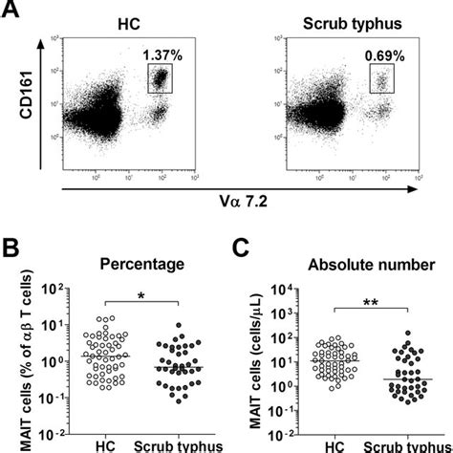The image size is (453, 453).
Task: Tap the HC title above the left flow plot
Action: [x=125, y=21]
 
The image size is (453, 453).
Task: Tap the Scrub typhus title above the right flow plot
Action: [x=350, y=21]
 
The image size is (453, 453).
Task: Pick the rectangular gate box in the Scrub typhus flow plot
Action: [x=382, y=82]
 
